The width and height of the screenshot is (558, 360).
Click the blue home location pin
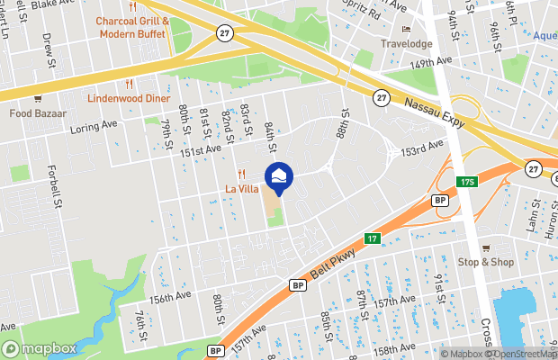click(x=279, y=176)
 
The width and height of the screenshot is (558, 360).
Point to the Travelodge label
click(x=407, y=43)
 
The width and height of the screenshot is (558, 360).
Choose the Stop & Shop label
click(x=486, y=262)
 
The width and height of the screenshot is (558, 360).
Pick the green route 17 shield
click(x=372, y=238)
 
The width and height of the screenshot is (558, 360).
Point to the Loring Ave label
click(x=94, y=127)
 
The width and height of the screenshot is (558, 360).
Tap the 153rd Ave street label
click(x=423, y=147)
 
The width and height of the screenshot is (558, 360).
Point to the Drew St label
click(x=47, y=47)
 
